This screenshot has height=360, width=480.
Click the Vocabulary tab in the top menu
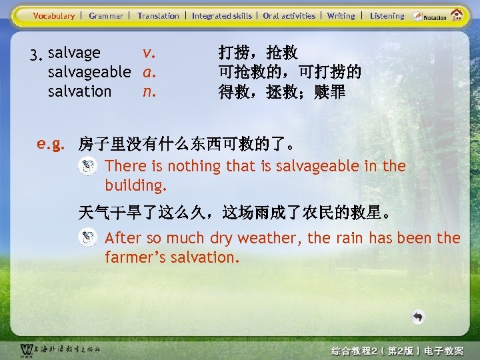pyautogui.click(x=54, y=15)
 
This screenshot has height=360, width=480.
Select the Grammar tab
pyautogui.click(x=106, y=15)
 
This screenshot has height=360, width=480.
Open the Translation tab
pyautogui.click(x=158, y=15)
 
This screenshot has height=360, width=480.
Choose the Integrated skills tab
pyautogui.click(x=222, y=15)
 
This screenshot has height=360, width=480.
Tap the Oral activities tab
pyautogui.click(x=289, y=15)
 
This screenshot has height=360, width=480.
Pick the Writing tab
pyautogui.click(x=341, y=15)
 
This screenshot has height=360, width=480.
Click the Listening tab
pyautogui.click(x=387, y=15)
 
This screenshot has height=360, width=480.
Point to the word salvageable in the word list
pyautogui.click(x=89, y=71)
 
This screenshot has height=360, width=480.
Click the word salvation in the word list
pyautogui.click(x=80, y=91)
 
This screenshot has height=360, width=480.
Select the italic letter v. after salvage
pyautogui.click(x=149, y=52)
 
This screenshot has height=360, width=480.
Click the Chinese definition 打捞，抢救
pyautogui.click(x=258, y=53)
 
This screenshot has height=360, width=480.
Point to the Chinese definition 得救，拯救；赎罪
pyautogui.click(x=282, y=91)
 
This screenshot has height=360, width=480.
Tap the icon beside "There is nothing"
pyautogui.click(x=87, y=167)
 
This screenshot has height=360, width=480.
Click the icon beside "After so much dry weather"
pyautogui.click(x=87, y=238)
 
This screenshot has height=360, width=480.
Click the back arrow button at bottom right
pyautogui.click(x=417, y=317)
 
